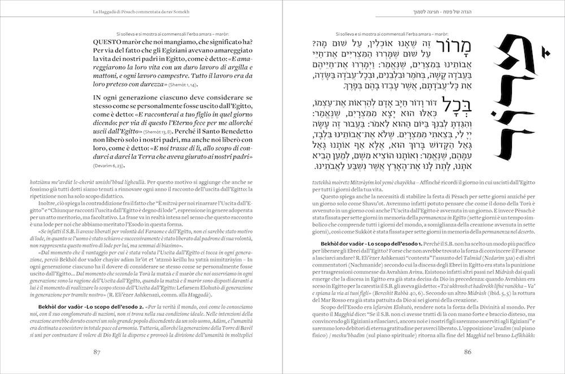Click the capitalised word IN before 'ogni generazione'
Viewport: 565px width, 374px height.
pyautogui.click(x=98, y=98)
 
